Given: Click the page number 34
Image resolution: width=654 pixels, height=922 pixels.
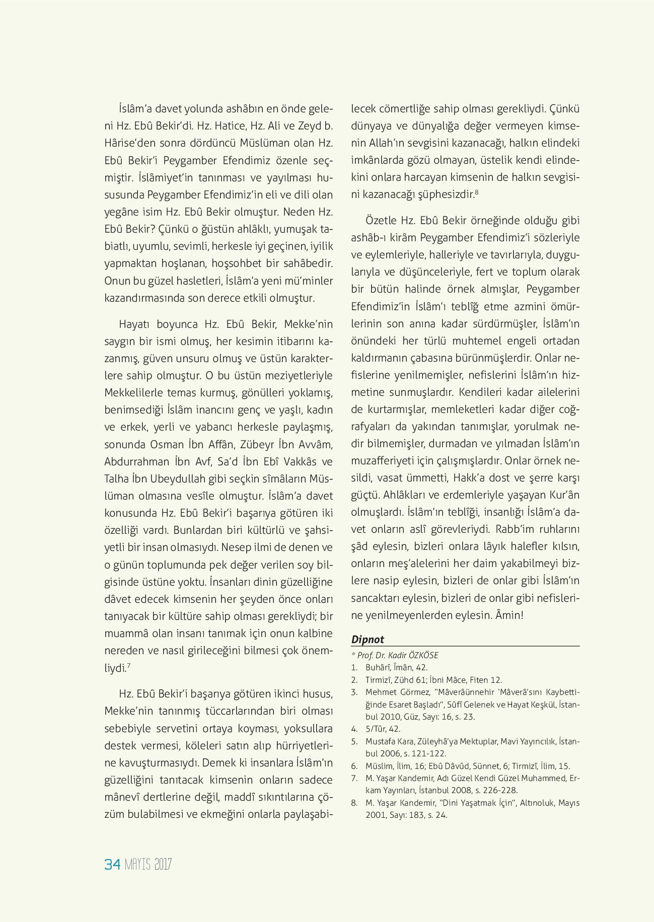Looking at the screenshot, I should coord(112,865).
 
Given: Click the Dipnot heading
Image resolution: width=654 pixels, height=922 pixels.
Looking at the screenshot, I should coord(368,640).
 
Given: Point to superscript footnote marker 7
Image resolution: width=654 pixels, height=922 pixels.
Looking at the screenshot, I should coord(129,666).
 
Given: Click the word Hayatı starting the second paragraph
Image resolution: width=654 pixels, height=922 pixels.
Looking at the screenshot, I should coord(133,324).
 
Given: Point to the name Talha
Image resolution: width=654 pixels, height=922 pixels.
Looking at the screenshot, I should coord(116,479).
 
